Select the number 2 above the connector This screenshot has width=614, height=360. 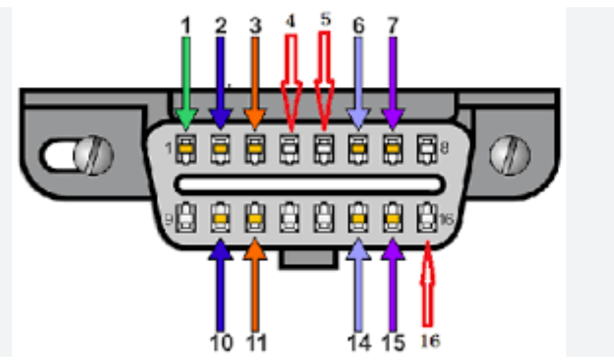tap(221, 26)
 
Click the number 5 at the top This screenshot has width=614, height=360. tap(325, 20)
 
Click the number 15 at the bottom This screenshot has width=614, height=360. tap(393, 343)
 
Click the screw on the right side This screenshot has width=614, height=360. tap(510, 156)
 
